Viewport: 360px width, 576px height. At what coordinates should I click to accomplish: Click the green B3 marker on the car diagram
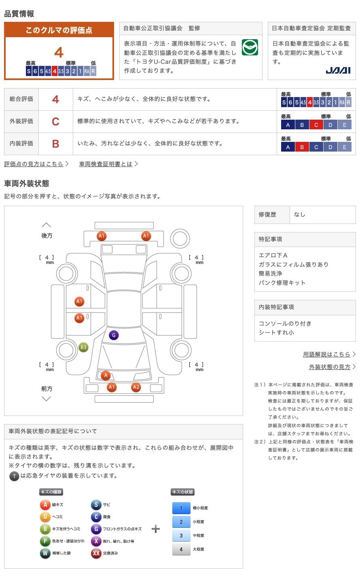coord(83,347)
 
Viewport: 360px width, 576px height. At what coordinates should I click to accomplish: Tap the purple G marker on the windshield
coord(114,335)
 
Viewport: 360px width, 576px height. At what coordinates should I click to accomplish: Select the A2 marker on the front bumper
coord(136,387)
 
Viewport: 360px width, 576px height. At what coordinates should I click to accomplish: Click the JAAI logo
coord(338,70)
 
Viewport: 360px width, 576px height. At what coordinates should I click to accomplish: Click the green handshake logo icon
coord(250,48)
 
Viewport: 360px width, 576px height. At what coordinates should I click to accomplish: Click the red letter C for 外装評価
coord(55,121)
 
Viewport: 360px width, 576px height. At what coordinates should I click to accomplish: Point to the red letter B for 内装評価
coord(55,143)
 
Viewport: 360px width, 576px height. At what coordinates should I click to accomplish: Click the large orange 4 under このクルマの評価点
coord(59,53)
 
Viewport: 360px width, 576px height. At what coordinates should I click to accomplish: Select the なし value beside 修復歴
coord(300,215)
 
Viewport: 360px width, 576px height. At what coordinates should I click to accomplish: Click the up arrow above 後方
coord(47,225)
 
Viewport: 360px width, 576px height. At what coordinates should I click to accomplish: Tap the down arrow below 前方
coord(47,399)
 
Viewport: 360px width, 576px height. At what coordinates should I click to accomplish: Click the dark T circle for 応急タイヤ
coord(14,476)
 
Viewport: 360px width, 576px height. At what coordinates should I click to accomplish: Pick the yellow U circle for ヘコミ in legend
coord(45,517)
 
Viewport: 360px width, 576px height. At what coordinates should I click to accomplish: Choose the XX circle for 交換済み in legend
coord(96,553)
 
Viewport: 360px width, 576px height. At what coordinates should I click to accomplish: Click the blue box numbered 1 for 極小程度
coord(181,508)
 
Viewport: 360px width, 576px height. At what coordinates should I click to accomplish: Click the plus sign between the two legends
coord(156,529)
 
